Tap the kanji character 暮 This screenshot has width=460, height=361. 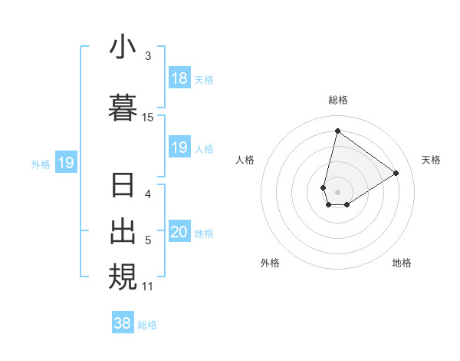(x=123, y=107)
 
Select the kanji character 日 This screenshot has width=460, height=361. (x=123, y=187)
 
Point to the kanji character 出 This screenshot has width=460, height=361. (x=123, y=230)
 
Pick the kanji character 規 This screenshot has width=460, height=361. (x=123, y=277)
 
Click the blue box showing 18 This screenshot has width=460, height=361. (x=179, y=78)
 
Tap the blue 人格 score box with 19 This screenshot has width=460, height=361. (x=179, y=147)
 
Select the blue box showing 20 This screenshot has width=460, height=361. (x=179, y=233)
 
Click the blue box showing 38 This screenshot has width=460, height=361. (x=123, y=323)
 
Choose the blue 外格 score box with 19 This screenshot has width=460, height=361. (x=65, y=162)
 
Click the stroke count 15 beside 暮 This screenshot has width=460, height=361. (x=148, y=118)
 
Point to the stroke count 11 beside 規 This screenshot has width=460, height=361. (x=148, y=286)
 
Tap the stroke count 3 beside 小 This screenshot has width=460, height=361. (x=148, y=56)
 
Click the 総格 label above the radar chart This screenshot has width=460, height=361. (x=338, y=100)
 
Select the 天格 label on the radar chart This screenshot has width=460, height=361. (x=431, y=160)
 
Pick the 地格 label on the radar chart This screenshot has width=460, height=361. (x=402, y=263)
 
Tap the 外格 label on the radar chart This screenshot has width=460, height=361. (x=270, y=263)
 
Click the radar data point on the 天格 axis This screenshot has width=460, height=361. (x=396, y=173)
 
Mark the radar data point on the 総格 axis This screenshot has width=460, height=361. (x=337, y=131)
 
